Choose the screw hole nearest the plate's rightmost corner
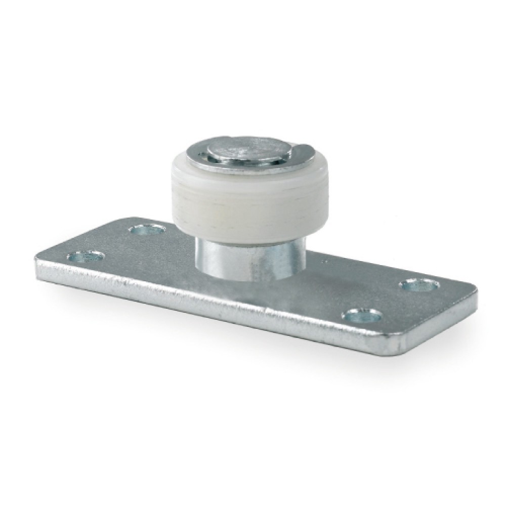[x=419, y=285]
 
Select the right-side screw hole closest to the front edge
[x=361, y=316]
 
